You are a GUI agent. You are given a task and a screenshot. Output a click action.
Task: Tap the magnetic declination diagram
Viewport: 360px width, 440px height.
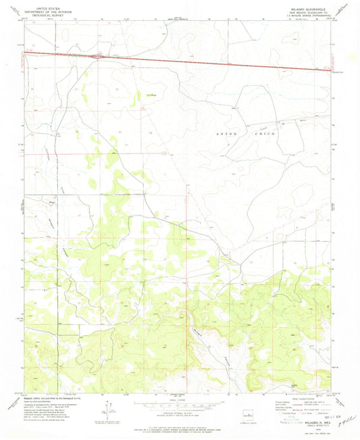pos(107,407)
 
